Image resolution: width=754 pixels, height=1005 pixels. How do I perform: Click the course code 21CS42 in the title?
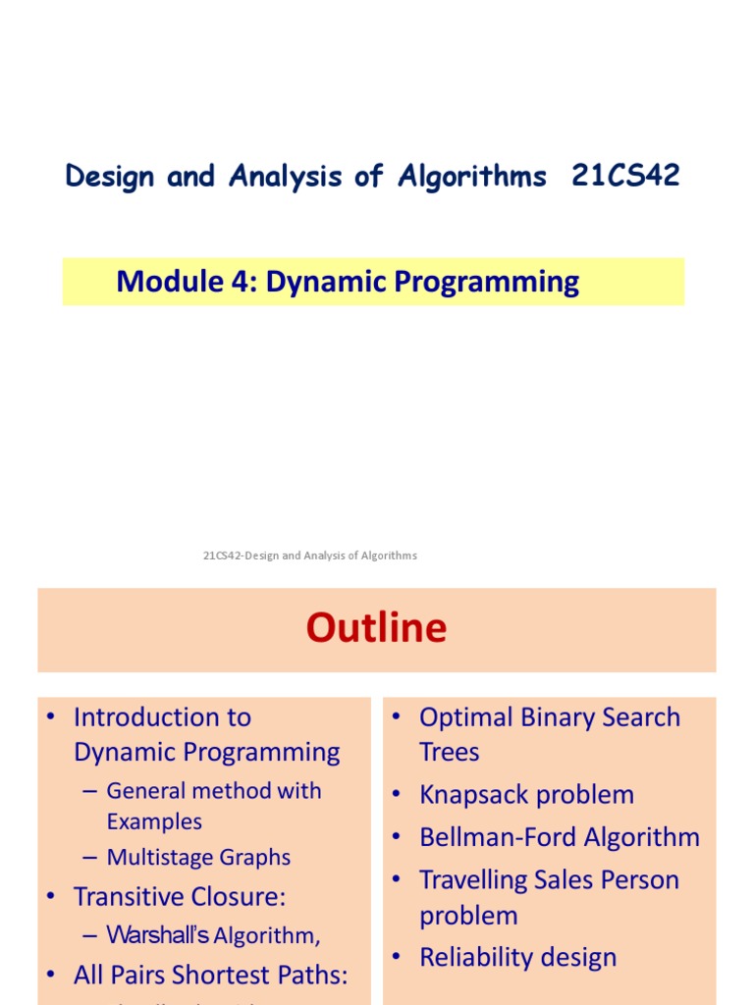point(625,176)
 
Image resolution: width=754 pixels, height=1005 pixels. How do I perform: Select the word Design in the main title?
point(109,177)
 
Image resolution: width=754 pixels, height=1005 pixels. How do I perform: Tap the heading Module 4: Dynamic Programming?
point(348,283)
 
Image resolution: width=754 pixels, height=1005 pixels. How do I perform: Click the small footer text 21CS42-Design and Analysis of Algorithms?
point(310,555)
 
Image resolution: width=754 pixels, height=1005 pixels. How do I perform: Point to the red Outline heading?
point(376,628)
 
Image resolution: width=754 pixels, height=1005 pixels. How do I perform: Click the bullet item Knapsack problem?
point(526,795)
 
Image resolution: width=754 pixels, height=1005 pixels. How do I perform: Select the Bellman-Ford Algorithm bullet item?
point(560,837)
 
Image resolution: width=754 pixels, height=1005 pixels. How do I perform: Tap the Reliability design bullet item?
point(517,958)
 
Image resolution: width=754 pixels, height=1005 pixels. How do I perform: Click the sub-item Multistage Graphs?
point(198,857)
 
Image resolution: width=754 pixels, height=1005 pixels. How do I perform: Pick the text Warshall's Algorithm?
point(213,936)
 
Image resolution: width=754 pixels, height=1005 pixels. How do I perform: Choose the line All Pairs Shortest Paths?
point(211,976)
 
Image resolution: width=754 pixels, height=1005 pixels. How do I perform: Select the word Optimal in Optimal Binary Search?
point(463,717)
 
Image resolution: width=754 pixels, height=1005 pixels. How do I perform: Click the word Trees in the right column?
point(450,753)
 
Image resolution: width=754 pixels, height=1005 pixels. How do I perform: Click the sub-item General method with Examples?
point(213,806)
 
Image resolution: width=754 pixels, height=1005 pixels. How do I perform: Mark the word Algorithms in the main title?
point(472,177)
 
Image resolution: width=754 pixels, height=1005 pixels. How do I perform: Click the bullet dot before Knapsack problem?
point(397,794)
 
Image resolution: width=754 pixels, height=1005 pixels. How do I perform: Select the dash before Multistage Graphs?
point(90,858)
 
